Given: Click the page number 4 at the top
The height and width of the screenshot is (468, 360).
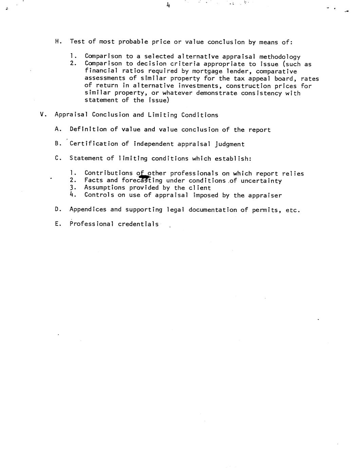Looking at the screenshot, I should (x=168, y=5).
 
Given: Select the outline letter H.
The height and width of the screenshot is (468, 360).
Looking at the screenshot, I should (x=57, y=42).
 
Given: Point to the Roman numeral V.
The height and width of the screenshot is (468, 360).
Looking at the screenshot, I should (x=42, y=115).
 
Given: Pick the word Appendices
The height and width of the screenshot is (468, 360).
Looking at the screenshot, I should (x=88, y=210).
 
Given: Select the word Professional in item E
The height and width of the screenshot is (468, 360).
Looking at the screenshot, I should (x=92, y=224).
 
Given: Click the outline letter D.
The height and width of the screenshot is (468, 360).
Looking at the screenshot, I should (x=57, y=209).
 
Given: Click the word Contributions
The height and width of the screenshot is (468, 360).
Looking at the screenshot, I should (x=109, y=173).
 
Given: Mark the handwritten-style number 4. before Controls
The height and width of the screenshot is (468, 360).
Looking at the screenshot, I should (x=72, y=195).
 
